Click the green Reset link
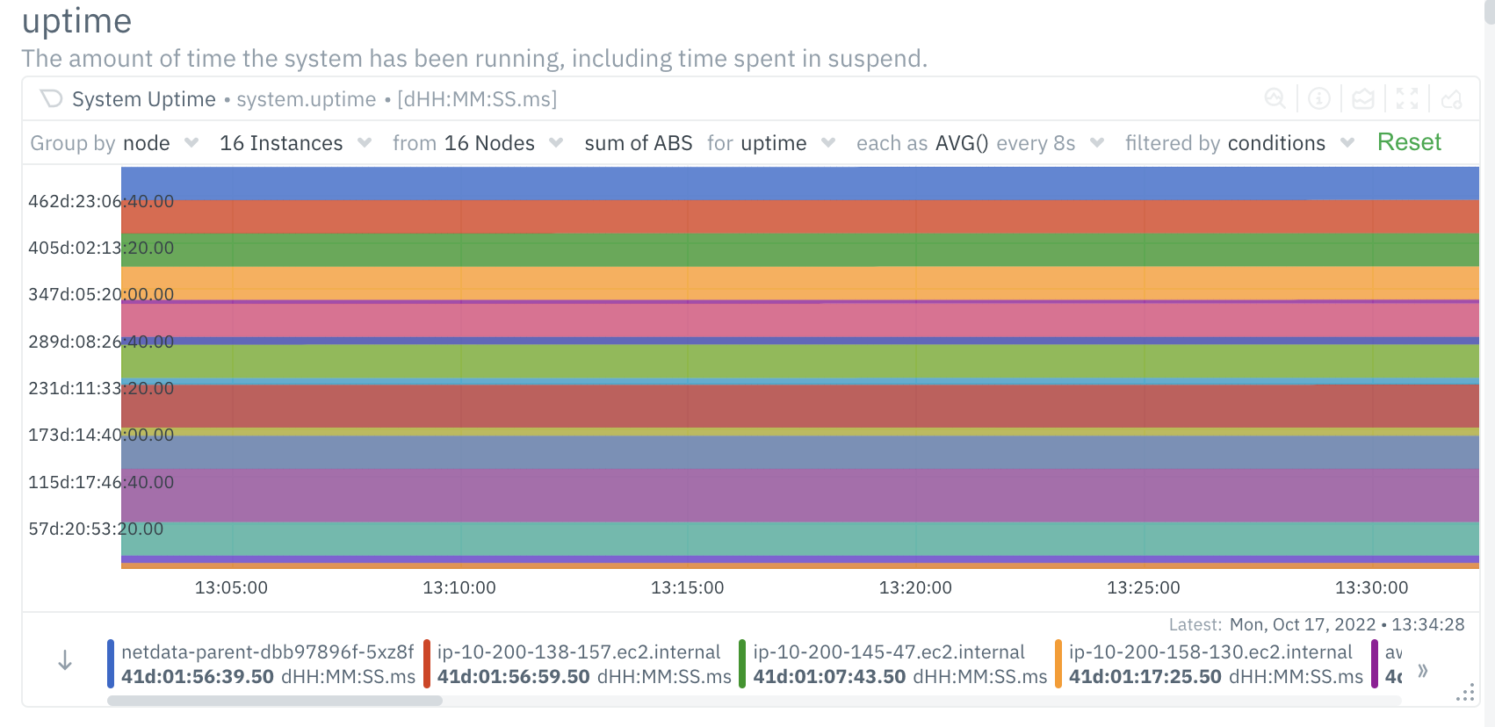point(1409,142)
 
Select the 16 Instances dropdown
point(295,143)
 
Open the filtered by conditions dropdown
point(1239,143)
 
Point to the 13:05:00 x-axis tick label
point(231,587)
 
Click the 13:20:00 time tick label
point(915,587)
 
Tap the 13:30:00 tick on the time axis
point(1371,587)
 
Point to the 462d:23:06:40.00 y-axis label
point(100,201)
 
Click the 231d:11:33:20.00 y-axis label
point(100,388)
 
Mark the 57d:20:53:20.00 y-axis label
point(96,529)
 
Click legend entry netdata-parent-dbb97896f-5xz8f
point(267,652)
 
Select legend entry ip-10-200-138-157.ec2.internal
point(578,652)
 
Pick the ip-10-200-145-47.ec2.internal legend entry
point(888,652)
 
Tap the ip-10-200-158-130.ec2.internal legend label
point(1210,652)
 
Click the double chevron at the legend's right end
point(1423,671)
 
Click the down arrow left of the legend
point(65,661)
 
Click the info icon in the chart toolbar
point(1318,99)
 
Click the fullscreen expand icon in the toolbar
point(1407,99)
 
